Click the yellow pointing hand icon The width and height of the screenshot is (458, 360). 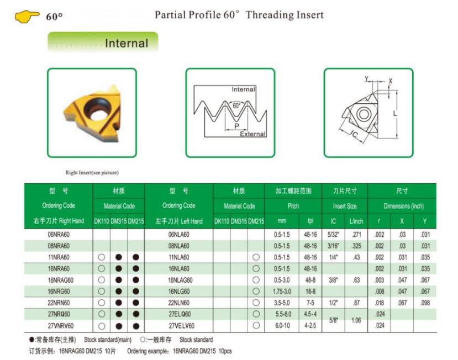pos(27,16)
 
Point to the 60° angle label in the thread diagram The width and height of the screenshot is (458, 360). pos(236,105)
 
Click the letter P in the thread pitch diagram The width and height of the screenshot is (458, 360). pos(237,126)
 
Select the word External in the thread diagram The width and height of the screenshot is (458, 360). pos(253,134)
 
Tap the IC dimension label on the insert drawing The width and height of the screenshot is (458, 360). pos(354,134)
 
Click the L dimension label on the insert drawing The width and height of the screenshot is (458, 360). pos(395,113)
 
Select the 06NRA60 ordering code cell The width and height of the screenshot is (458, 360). pos(59,235)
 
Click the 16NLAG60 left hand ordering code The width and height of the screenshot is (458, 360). pos(180,280)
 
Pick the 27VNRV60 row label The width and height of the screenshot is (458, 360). pos(60,326)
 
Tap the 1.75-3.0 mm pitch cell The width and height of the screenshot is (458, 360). pos(282,292)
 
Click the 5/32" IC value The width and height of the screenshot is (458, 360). pos(333,235)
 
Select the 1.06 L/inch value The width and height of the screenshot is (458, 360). pos(356,320)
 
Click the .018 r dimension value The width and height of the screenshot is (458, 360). pos(379,303)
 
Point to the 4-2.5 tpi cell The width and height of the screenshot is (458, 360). pos(310,326)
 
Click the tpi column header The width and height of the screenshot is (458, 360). pos(310,221)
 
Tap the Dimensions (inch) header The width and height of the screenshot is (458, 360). pos(404,206)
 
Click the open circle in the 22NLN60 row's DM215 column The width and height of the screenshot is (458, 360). pos(256,303)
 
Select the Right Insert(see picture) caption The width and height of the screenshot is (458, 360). pos(92,173)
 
